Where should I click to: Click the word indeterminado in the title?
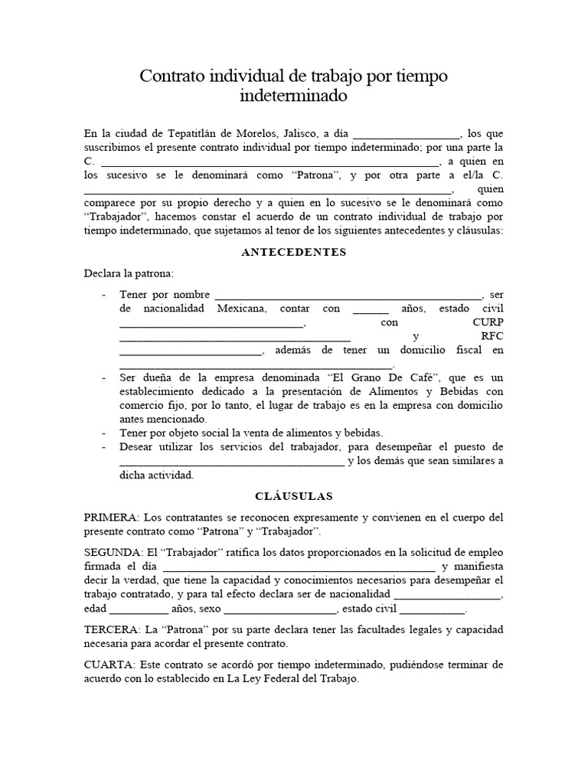(293, 97)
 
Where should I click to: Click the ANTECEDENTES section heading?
(294, 253)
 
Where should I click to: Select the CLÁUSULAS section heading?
(294, 496)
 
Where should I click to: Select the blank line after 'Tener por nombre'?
(348, 296)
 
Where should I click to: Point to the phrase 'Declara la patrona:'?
(129, 273)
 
